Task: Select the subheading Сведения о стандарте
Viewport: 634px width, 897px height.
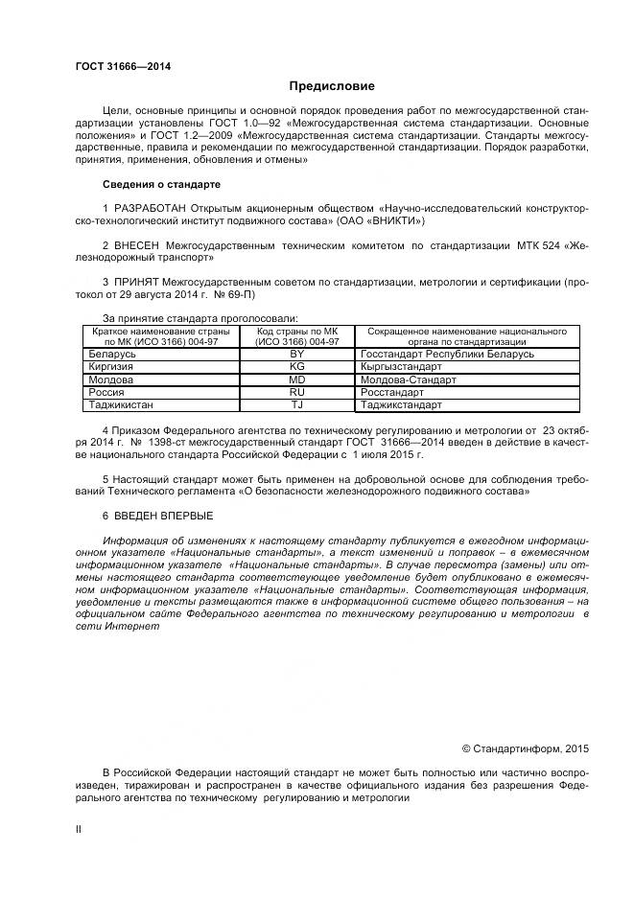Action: click(161, 183)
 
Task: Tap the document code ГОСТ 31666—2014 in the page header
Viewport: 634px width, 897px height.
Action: click(116, 66)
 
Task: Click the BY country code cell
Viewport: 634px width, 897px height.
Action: click(296, 354)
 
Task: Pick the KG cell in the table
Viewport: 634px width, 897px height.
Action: click(296, 366)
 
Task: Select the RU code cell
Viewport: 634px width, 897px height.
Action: click(296, 392)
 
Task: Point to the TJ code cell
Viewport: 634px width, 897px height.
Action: click(296, 404)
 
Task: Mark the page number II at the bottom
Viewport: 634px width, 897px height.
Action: click(79, 830)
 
